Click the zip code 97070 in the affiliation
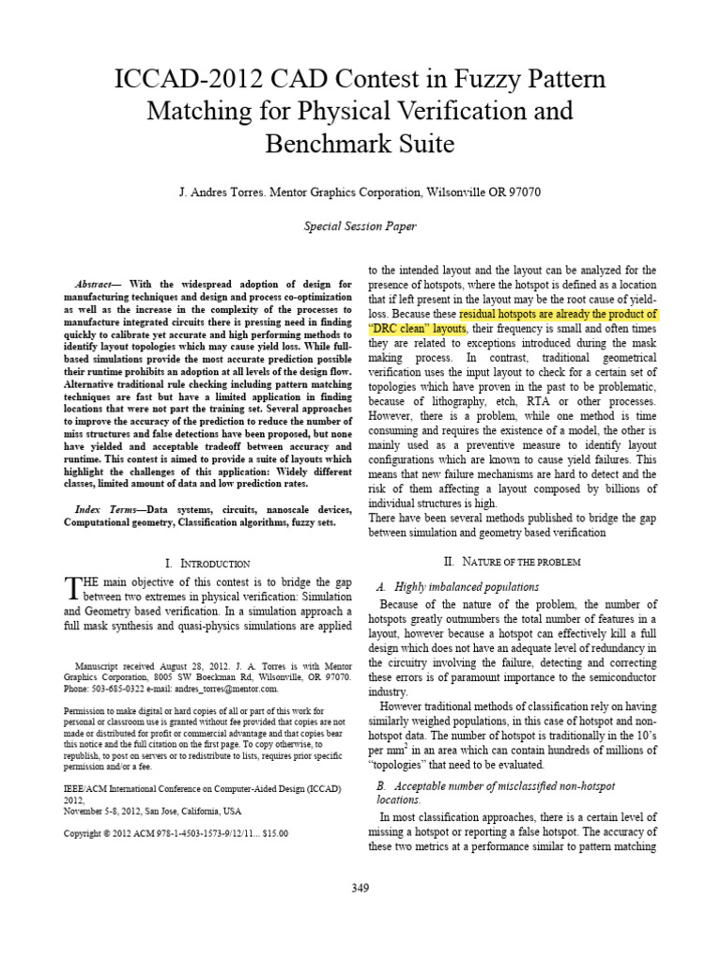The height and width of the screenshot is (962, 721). (x=522, y=192)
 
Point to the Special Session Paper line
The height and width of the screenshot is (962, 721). (x=360, y=226)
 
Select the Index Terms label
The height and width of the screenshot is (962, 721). (x=104, y=508)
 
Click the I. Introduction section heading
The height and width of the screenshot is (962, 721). (x=207, y=563)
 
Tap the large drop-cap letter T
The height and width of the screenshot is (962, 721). (x=74, y=589)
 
